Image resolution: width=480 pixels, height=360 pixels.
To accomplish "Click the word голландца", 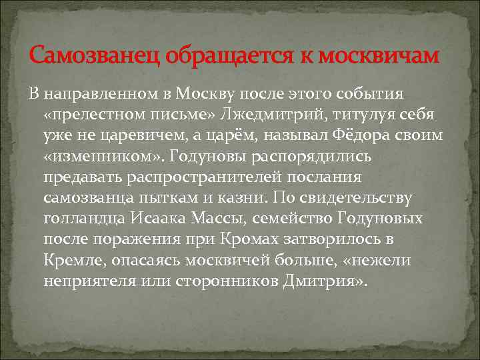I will pos(83,219).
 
